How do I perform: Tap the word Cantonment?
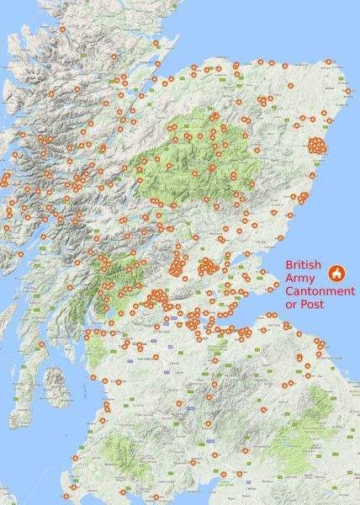coord(319,290)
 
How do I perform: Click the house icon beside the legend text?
coord(336,273)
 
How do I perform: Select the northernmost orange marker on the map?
coord(62,29)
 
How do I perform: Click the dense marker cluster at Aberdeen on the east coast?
coord(316,145)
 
